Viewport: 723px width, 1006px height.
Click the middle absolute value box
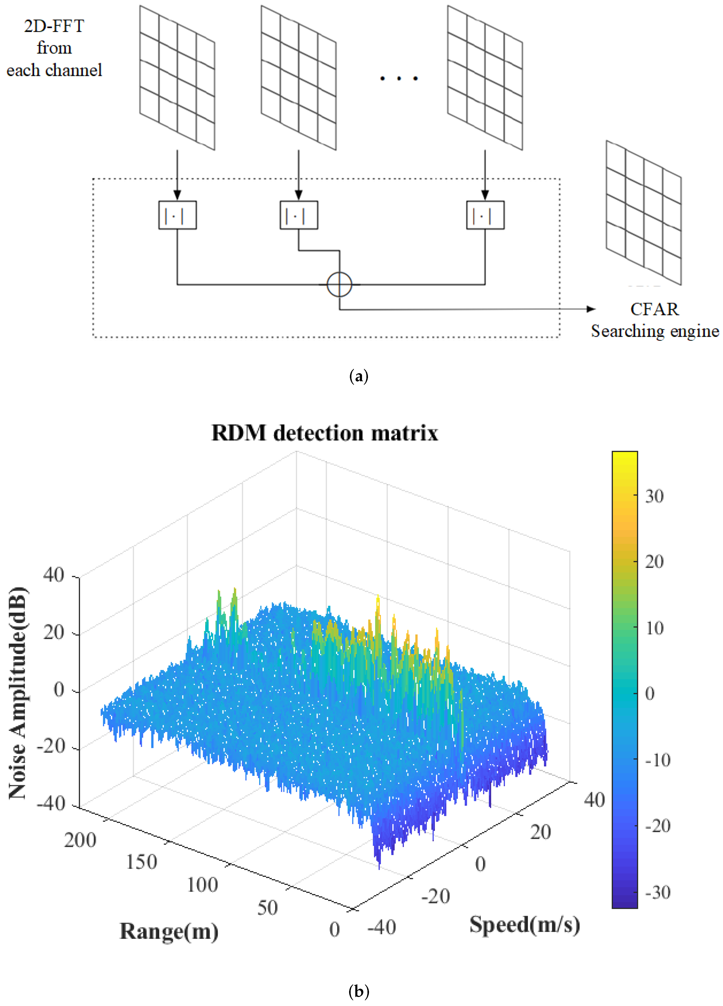click(x=299, y=215)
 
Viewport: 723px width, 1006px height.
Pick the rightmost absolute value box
click(x=485, y=215)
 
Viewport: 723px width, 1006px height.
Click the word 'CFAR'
click(x=654, y=309)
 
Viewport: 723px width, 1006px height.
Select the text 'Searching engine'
click(x=655, y=331)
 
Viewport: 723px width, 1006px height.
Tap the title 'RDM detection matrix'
click(x=325, y=432)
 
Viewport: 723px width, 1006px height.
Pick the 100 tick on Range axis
click(x=202, y=885)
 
